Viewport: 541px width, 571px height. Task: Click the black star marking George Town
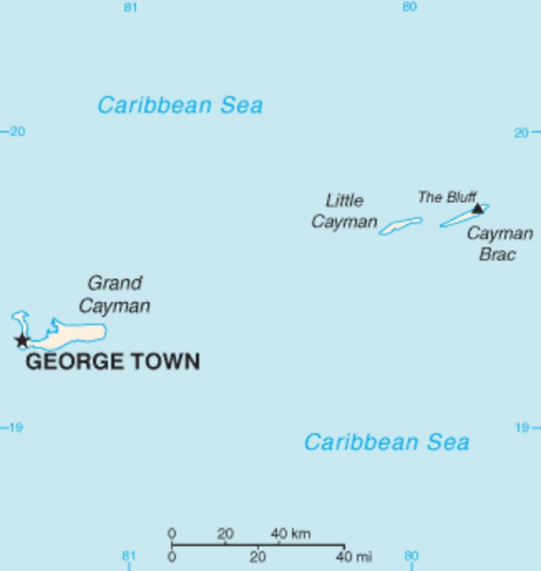click(21, 341)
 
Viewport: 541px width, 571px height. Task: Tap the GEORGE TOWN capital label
click(112, 363)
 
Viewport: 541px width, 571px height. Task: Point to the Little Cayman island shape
click(400, 226)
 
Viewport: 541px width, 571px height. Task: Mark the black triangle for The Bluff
click(478, 208)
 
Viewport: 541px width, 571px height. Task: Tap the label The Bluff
click(447, 197)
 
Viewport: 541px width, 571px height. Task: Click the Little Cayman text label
click(344, 211)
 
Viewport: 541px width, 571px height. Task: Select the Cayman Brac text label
click(499, 244)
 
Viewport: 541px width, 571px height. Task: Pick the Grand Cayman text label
click(115, 294)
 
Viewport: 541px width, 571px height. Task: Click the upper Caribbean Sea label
click(180, 106)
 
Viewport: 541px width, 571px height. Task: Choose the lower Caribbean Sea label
click(386, 442)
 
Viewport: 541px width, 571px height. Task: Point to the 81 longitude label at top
click(130, 8)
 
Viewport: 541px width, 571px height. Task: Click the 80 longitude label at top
click(409, 8)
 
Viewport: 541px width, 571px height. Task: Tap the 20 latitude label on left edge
click(16, 132)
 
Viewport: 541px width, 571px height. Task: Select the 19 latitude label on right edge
click(523, 427)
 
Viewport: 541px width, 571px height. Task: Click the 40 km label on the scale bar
click(290, 534)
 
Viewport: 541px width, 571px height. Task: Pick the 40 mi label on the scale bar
click(353, 557)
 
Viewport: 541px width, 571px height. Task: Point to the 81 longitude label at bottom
click(128, 557)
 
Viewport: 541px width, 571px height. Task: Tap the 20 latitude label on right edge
click(523, 132)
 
